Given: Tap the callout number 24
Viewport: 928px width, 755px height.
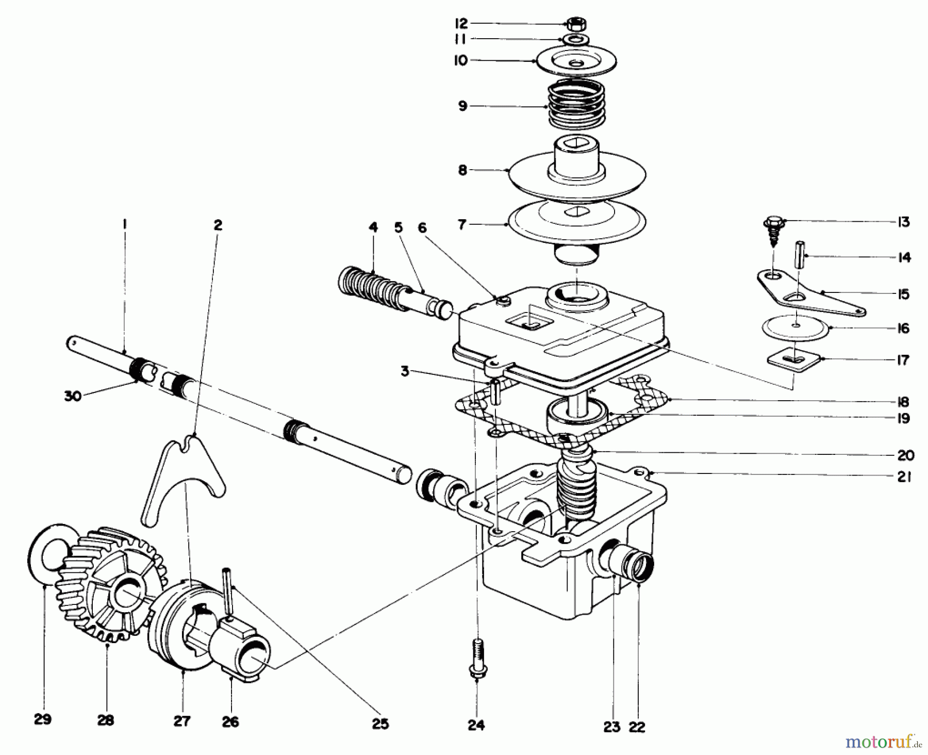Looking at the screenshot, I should pos(476,725).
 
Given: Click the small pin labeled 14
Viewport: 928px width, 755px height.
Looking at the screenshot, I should pos(800,253).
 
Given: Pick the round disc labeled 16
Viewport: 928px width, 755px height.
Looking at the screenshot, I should pos(797,329).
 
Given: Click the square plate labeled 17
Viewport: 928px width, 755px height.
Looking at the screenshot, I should pos(794,359).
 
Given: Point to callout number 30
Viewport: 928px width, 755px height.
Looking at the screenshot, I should pos(73,397).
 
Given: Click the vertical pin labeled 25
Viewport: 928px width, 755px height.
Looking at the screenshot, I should pos(228,593).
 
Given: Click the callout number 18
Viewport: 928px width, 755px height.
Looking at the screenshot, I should pos(903,402).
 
